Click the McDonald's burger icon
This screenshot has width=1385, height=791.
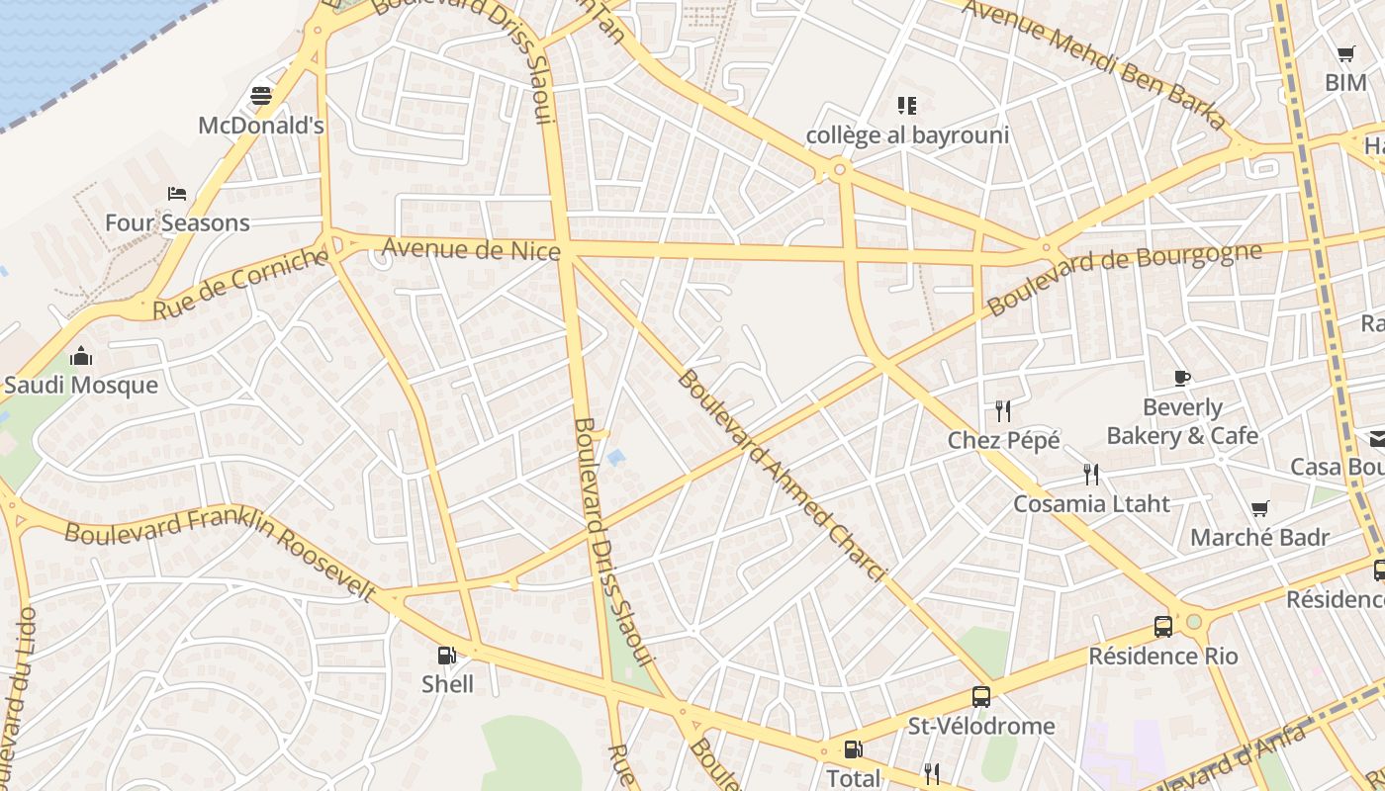coord(261,96)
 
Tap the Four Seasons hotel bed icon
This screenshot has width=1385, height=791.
coord(177,193)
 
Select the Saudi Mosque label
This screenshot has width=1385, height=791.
coord(81,386)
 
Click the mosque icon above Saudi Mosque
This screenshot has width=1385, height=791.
coord(81,356)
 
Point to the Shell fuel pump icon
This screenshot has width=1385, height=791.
coord(447,655)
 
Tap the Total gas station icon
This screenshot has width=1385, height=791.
coord(853,749)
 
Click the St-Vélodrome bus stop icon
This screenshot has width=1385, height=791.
coord(980,697)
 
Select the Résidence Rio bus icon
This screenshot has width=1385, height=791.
coord(1163,627)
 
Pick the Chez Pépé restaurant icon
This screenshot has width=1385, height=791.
coord(1003,410)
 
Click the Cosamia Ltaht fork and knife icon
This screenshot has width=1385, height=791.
coord(1091,475)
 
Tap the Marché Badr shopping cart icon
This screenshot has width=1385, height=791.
coord(1260,509)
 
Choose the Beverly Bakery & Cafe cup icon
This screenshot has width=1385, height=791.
coord(1182,378)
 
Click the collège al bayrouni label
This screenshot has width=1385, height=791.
coord(907,135)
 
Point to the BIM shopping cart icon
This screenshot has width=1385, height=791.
coord(1345,54)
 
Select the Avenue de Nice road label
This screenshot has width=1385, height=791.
coord(471,248)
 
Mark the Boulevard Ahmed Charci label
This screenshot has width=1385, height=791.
coord(781,476)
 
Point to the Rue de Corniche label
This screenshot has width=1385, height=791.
coord(239,284)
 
